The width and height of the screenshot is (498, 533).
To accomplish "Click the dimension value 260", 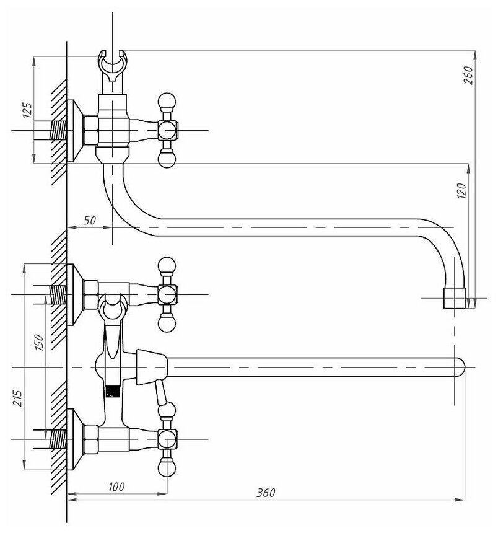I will (469, 75).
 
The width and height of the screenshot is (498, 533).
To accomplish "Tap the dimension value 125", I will (27, 110).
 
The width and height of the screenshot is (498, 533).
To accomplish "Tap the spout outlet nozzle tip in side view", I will (455, 298).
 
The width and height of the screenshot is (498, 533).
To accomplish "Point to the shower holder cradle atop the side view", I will (112, 66).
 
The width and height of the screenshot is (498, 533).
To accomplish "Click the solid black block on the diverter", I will (112, 392).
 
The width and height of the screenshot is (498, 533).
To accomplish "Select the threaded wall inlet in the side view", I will (58, 131).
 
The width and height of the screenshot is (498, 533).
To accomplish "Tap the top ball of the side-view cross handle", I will (167, 101).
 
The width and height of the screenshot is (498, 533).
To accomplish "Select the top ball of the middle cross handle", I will (167, 265).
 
